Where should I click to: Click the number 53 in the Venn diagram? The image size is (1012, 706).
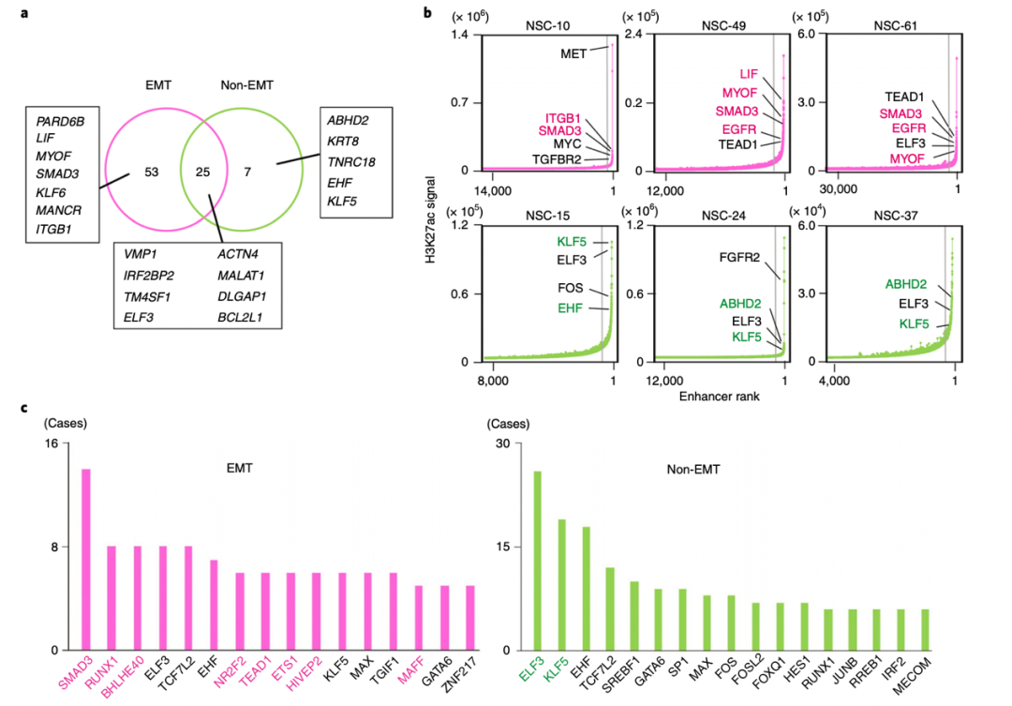[151, 173]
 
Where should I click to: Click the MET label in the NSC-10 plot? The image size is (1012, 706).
[573, 53]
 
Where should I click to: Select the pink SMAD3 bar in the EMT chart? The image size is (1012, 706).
[86, 559]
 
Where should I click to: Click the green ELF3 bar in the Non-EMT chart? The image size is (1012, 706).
[538, 561]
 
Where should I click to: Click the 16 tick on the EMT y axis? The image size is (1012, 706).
[52, 443]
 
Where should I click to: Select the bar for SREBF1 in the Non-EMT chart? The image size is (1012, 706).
[633, 615]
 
